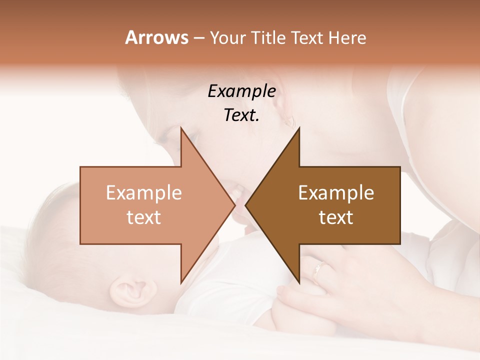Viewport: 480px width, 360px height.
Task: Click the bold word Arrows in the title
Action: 156,37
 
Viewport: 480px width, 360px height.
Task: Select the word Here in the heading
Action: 347,37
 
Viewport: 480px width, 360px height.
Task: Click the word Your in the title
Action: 228,37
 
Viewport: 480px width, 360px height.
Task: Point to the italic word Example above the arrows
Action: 241,91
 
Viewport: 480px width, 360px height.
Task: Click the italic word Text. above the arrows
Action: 241,115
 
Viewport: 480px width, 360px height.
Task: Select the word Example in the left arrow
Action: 144,193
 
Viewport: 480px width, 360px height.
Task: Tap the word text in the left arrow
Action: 144,217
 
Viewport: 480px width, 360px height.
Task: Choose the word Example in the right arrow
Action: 336,193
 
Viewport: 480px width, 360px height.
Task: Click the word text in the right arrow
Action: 336,217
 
